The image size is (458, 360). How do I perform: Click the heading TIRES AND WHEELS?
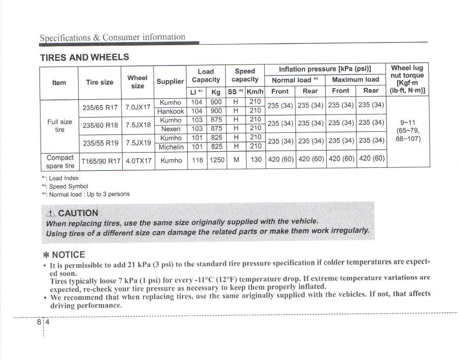pos(85,57)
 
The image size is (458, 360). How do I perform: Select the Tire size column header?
pos(100,82)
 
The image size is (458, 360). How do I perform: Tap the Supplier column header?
pos(170,81)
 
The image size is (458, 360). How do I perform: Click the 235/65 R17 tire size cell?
pos(100,107)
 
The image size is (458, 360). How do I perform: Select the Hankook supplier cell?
pos(170,112)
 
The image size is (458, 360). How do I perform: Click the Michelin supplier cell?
pos(170,147)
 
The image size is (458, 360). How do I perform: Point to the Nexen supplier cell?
pos(170,129)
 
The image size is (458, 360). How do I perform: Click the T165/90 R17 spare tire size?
pos(100,161)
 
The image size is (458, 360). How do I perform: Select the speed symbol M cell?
pos(235,160)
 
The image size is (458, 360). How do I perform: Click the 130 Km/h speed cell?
pos(256,160)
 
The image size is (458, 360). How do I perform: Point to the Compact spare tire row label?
pos(60,161)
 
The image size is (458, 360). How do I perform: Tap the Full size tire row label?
pos(59,125)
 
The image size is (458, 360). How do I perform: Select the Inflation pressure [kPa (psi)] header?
pos(325,69)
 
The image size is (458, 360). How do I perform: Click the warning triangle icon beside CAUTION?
pos(50,213)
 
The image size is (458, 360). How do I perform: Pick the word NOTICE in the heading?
pos(68,255)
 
